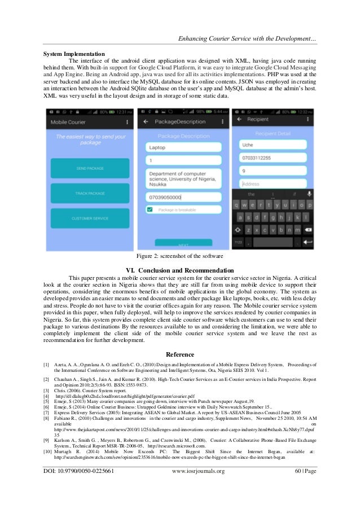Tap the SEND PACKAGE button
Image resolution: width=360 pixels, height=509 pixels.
tap(89, 168)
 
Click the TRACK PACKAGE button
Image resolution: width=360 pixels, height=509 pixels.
tap(89, 193)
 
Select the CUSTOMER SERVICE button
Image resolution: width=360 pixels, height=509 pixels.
tap(89, 218)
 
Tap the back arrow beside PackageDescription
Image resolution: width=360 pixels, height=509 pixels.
tap(146, 121)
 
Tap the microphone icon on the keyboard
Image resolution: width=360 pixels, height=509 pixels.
tap(308, 194)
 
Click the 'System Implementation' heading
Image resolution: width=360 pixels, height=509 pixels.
tap(74, 54)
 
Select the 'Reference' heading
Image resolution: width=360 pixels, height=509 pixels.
tap(179, 354)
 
